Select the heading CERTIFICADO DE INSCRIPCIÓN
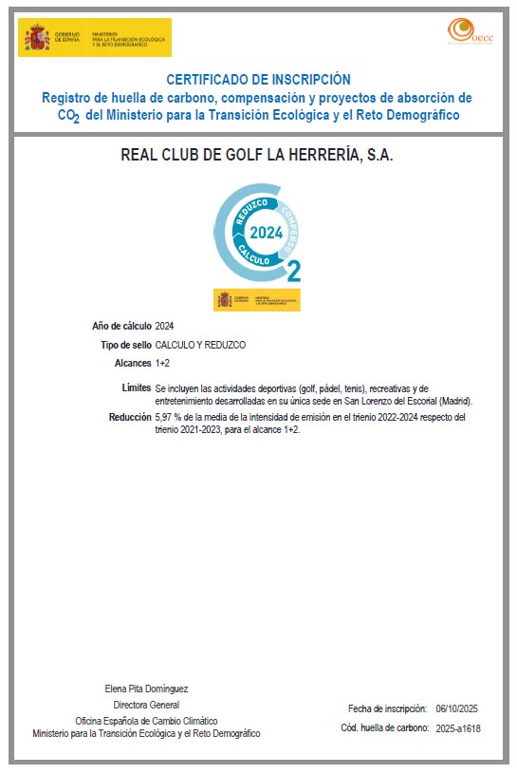click(x=258, y=80)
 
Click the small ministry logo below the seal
click(x=257, y=300)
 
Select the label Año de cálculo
click(x=121, y=327)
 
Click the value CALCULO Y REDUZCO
click(x=200, y=345)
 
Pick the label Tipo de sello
click(x=125, y=345)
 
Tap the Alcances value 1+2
click(x=162, y=363)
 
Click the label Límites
click(x=137, y=387)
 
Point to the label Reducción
click(x=130, y=417)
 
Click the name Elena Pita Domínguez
click(x=146, y=688)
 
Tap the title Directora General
click(x=146, y=705)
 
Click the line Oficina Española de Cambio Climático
click(x=146, y=721)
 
